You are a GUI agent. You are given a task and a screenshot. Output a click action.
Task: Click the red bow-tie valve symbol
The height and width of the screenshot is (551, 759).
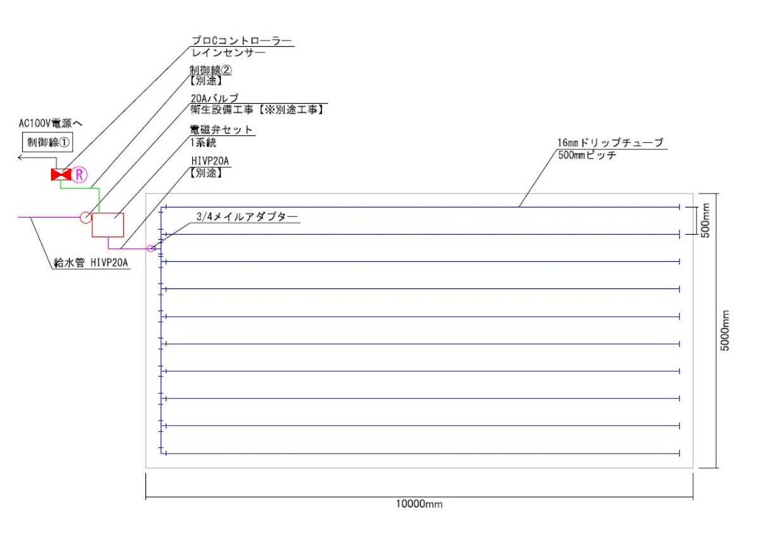[x=61, y=175]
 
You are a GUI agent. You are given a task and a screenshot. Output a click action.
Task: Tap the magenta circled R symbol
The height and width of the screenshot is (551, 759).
[x=78, y=175]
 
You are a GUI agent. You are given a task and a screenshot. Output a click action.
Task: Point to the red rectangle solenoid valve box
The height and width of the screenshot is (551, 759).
[x=108, y=225]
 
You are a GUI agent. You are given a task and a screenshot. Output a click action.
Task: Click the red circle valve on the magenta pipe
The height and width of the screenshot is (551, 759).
[x=85, y=217]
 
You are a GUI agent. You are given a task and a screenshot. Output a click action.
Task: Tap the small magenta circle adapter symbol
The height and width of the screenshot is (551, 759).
[x=151, y=248]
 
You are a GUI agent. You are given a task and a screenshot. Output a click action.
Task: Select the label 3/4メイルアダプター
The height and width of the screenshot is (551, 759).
[x=247, y=216]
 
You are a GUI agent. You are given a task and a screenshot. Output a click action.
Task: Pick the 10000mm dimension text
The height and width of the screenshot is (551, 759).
[x=419, y=504]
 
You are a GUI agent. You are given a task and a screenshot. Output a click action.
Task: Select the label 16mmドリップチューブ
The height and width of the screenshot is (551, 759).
[x=610, y=143]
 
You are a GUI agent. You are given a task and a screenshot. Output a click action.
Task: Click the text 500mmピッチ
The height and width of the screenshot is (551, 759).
[x=588, y=154]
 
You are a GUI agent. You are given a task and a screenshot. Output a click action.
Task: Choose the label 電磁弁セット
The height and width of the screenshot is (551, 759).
[x=221, y=130]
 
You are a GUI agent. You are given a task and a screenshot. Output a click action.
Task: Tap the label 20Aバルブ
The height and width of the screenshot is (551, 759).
[x=215, y=98]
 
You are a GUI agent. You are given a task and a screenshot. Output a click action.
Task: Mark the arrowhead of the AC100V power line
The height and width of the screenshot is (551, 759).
[x=21, y=158]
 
